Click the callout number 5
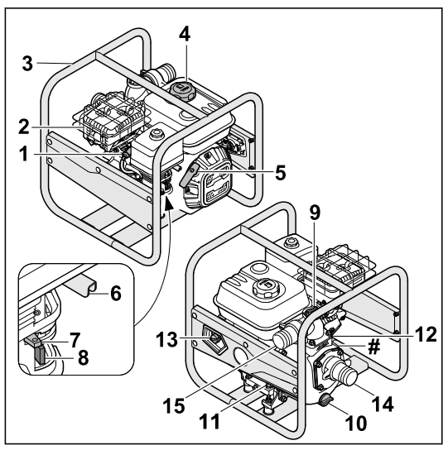point(258,173)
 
